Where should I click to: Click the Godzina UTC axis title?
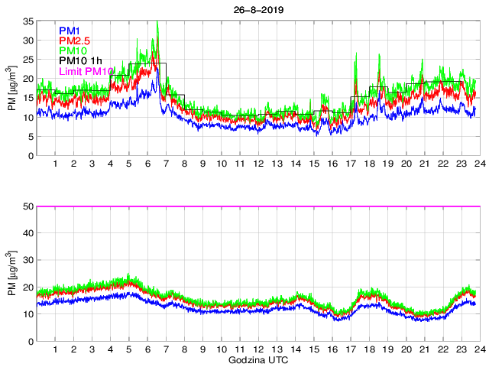click(x=256, y=359)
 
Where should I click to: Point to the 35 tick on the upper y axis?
click(x=28, y=21)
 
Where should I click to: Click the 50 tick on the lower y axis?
click(x=28, y=206)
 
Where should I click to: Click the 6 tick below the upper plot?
click(x=147, y=164)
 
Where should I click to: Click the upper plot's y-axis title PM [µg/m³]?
click(x=11, y=88)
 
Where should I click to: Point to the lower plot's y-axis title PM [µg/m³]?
click(x=11, y=274)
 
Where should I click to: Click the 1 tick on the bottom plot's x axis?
click(x=55, y=349)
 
